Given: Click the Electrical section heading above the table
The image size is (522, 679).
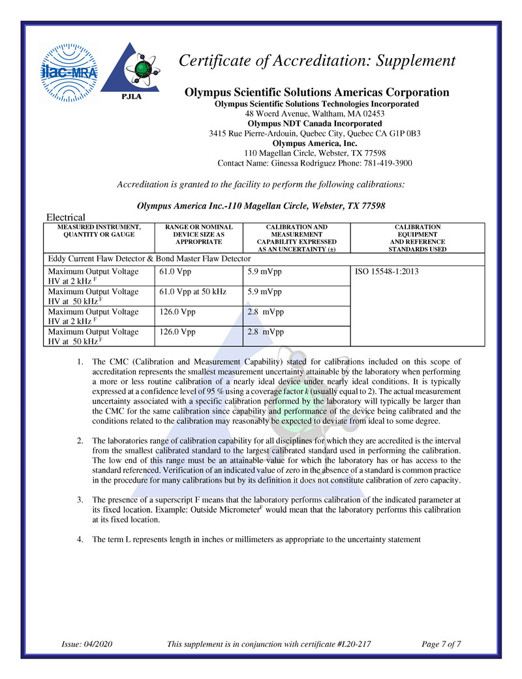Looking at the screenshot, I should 65,217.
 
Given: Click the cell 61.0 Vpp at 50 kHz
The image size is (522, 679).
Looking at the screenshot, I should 192,292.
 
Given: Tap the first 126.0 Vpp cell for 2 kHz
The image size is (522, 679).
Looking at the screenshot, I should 177,312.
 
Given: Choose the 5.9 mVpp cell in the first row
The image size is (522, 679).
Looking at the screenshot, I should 264,271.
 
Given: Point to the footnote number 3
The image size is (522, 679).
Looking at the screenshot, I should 79,500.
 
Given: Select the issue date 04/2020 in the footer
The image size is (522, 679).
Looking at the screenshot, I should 99,644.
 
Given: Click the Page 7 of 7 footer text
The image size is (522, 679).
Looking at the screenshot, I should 442,644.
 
